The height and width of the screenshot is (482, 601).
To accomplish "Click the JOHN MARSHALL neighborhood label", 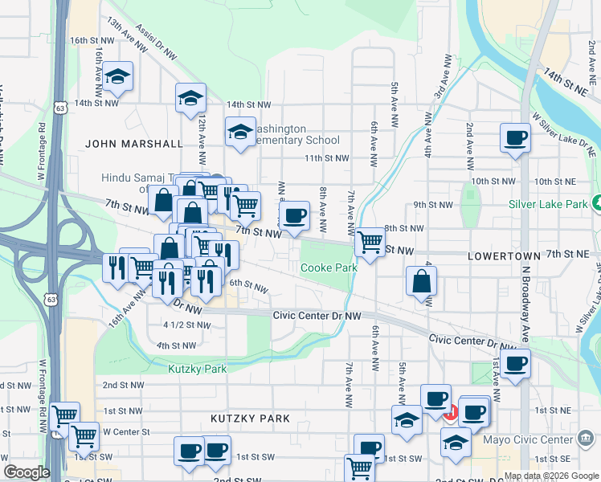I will pos(134,144).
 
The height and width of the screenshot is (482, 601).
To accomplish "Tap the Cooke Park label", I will pos(328,268).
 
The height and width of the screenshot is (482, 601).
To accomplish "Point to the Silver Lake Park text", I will pos(548,204).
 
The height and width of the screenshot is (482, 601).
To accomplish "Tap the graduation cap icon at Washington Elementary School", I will pos(239,133).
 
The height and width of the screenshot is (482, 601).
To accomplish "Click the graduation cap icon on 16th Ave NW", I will pos(118,77).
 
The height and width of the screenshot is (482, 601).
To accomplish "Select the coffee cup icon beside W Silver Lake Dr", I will pos(515,137).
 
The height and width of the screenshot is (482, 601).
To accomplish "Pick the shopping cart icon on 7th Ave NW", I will pos(370,241).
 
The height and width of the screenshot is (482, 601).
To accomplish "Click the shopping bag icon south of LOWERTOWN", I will pos(422,282).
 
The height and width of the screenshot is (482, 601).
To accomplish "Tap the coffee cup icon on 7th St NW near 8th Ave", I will pos(295,215).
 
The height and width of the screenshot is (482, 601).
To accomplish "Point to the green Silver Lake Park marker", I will pos(595,203).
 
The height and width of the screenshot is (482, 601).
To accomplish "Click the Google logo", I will pos(27,472).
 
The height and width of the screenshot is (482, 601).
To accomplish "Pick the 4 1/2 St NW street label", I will pos(186,325).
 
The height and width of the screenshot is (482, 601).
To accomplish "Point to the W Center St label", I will pos(126,431).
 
